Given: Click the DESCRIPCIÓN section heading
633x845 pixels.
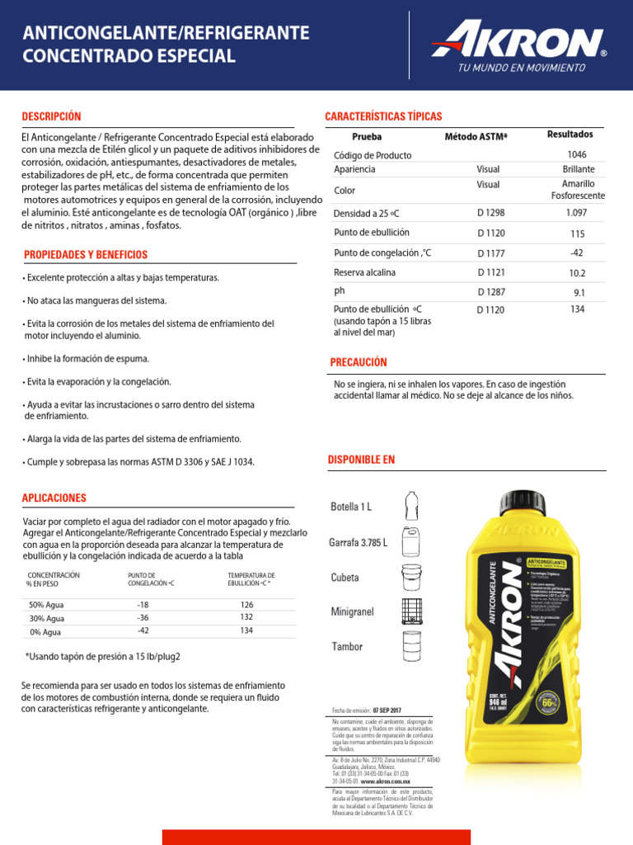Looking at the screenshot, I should [51, 116].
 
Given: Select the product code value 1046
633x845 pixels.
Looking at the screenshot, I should [577, 154].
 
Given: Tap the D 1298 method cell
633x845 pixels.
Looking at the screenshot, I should [490, 213].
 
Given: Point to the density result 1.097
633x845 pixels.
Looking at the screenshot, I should [577, 212].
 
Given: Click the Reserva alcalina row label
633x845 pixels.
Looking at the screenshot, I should [364, 272].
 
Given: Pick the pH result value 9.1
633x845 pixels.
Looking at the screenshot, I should [579, 292].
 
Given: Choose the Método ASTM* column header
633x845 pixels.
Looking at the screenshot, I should [476, 136].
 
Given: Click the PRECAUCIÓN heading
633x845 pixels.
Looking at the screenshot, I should [358, 362].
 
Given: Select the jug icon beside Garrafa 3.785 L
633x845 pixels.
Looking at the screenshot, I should [412, 542].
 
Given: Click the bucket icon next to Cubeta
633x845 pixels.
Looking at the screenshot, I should [412, 577].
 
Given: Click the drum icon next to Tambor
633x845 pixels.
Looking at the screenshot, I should [412, 646].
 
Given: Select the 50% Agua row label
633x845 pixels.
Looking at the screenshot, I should [46, 605].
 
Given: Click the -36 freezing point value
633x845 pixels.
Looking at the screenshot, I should [143, 617].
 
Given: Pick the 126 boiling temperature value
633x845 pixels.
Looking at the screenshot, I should [246, 605].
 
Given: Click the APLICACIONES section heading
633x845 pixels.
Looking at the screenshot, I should [55, 498].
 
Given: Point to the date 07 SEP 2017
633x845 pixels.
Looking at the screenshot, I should [387, 710].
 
